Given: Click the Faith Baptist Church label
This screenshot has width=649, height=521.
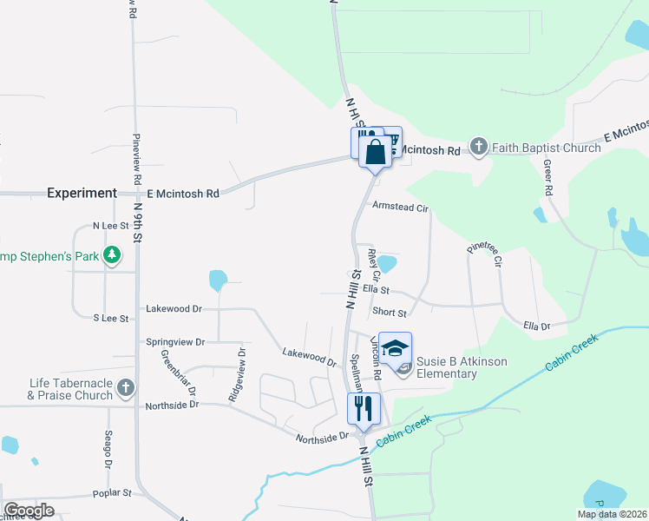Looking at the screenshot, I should [546, 148].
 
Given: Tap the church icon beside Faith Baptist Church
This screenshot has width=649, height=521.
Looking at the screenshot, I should [478, 148].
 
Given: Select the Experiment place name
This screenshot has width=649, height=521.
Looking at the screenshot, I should [82, 193].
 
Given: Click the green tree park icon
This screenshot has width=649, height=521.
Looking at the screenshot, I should [111, 255].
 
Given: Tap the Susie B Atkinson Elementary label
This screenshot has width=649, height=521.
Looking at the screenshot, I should [460, 367].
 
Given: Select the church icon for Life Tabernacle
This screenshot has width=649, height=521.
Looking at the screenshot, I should [126, 387].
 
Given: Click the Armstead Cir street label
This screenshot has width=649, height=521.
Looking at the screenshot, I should [400, 208].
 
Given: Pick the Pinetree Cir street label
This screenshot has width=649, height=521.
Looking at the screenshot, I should [484, 254].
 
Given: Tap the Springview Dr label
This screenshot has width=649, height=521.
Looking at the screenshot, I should [175, 342].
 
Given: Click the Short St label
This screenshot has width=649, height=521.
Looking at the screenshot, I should [389, 313].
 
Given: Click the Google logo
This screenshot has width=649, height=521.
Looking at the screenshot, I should [29, 511].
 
